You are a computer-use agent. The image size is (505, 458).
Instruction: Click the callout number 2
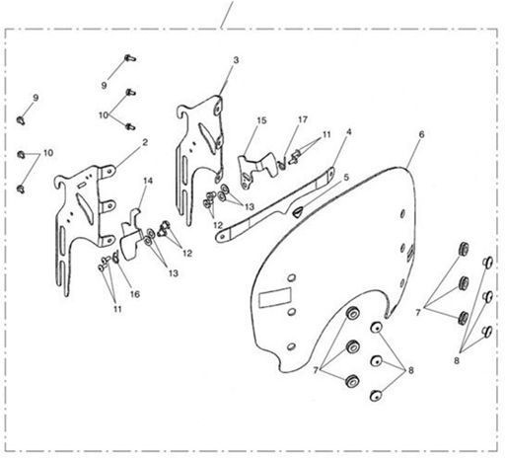point(145,142)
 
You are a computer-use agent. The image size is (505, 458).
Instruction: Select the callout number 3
point(236,60)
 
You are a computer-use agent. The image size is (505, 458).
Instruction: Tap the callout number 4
point(349,132)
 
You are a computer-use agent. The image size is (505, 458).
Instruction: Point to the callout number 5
point(346,178)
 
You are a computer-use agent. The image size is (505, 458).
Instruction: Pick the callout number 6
point(421,134)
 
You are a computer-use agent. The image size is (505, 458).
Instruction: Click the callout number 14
point(148,181)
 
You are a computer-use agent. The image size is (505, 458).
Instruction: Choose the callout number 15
point(261,120)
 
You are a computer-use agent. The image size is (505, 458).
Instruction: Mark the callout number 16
point(135,294)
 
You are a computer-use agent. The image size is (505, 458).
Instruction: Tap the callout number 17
point(303,119)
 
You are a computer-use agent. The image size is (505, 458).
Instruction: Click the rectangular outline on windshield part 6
point(275,297)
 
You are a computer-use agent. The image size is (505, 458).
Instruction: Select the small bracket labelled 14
point(131,236)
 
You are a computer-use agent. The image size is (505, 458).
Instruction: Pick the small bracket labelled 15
point(256,170)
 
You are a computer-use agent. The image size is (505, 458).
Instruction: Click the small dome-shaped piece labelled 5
point(296,212)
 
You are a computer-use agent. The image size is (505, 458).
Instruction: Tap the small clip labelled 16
point(115,257)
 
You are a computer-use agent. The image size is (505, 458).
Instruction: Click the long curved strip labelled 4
point(276,204)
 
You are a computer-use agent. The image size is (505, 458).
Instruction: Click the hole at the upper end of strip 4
point(331,172)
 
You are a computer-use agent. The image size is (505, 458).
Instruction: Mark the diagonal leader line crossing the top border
point(227,15)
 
